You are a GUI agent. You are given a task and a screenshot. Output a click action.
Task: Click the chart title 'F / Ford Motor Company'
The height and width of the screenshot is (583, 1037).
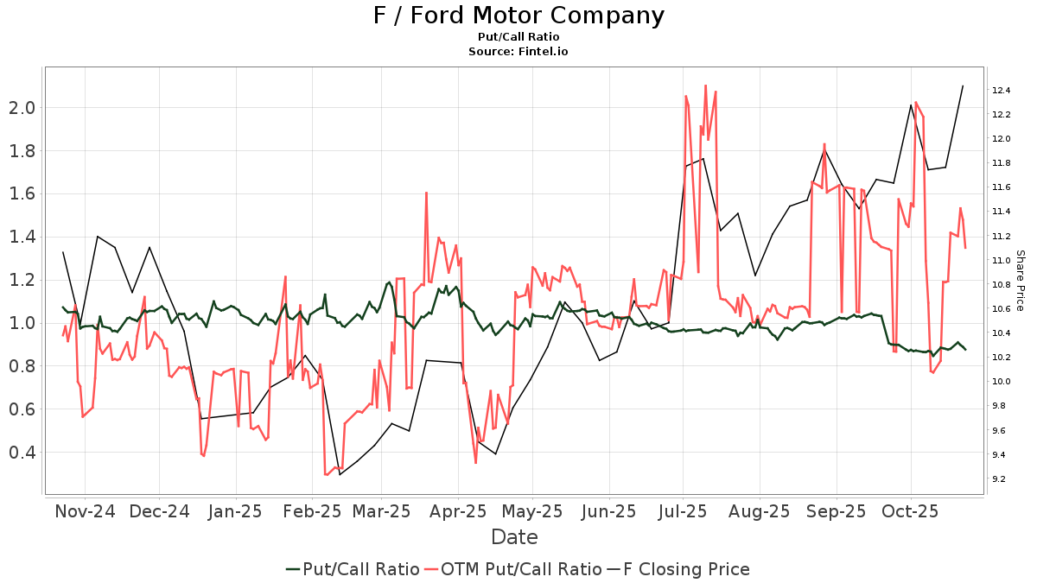point(518,16)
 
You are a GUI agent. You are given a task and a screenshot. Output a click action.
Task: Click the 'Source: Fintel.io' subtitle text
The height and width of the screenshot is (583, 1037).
point(518,51)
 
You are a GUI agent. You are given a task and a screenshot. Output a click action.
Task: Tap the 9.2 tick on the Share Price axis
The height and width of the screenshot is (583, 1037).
point(1002,478)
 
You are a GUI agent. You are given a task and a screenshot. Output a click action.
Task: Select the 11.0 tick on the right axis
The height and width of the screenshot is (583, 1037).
point(1002,260)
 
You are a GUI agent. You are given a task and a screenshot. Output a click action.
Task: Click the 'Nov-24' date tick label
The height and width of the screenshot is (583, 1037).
point(85,511)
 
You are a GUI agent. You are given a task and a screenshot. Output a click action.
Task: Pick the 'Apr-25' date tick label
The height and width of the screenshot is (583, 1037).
point(459,511)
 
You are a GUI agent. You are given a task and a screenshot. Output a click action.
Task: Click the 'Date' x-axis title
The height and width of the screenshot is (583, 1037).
point(514,537)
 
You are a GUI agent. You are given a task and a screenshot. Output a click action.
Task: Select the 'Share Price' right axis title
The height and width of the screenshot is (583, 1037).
point(1020,281)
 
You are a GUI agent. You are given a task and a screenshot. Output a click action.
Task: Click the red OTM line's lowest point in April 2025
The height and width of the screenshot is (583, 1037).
point(475,463)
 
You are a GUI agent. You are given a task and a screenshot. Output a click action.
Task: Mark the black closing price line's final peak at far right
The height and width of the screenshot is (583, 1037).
point(963,86)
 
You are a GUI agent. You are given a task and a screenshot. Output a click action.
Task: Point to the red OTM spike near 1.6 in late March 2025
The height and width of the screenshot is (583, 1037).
point(426,193)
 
